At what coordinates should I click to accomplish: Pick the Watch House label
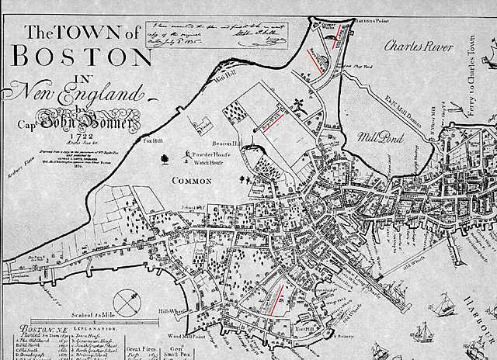pos(207,162)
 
